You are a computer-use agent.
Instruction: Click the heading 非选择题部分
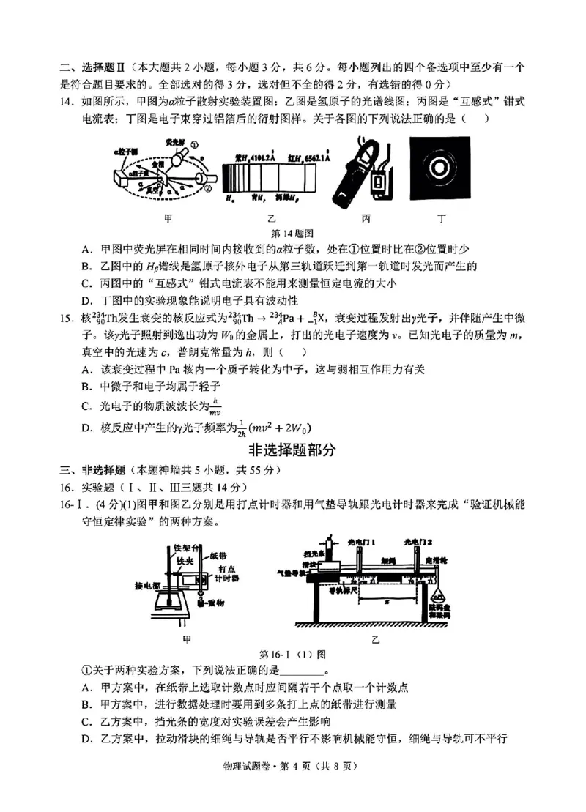(x=292, y=449)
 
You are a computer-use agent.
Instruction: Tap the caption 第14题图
(x=292, y=233)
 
